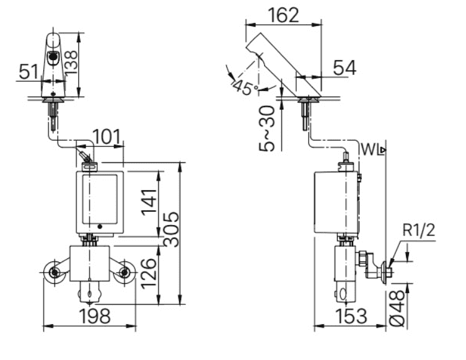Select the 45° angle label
[x=245, y=87]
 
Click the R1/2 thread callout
[x=419, y=230]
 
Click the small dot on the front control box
[x=101, y=226]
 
